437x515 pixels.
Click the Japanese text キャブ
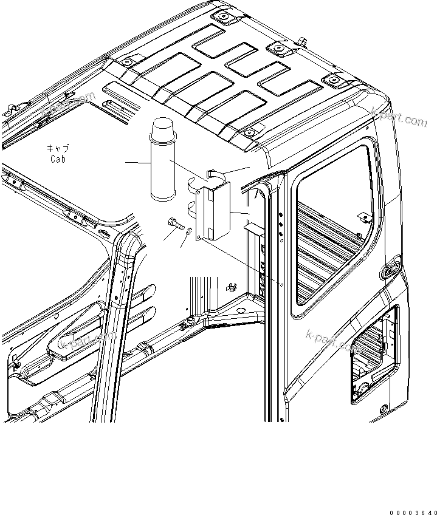tap(58, 148)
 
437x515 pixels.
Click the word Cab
tap(58, 159)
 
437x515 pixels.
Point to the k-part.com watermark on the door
tap(333, 340)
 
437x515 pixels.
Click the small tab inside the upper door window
tap(363, 216)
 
